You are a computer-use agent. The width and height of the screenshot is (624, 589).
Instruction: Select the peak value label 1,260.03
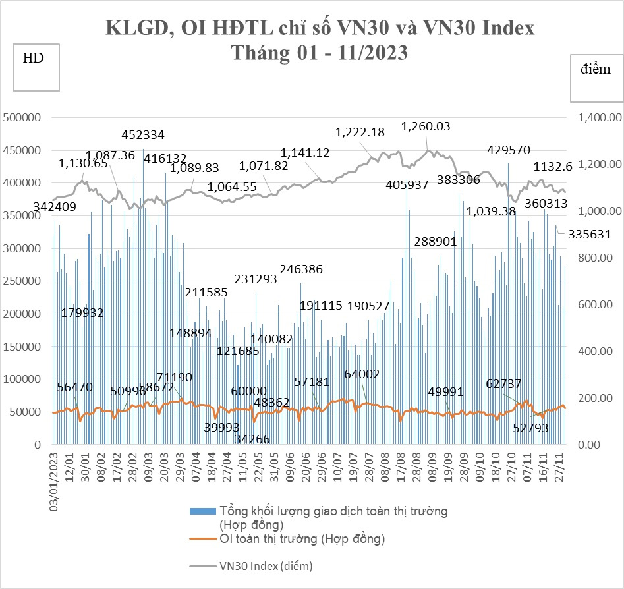pos(426,126)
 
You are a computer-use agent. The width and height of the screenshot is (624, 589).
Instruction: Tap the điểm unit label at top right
pos(596,70)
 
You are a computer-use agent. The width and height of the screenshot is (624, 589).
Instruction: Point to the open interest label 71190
pos(174,378)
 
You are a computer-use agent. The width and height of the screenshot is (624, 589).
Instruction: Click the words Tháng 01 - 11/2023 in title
pos(319,53)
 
